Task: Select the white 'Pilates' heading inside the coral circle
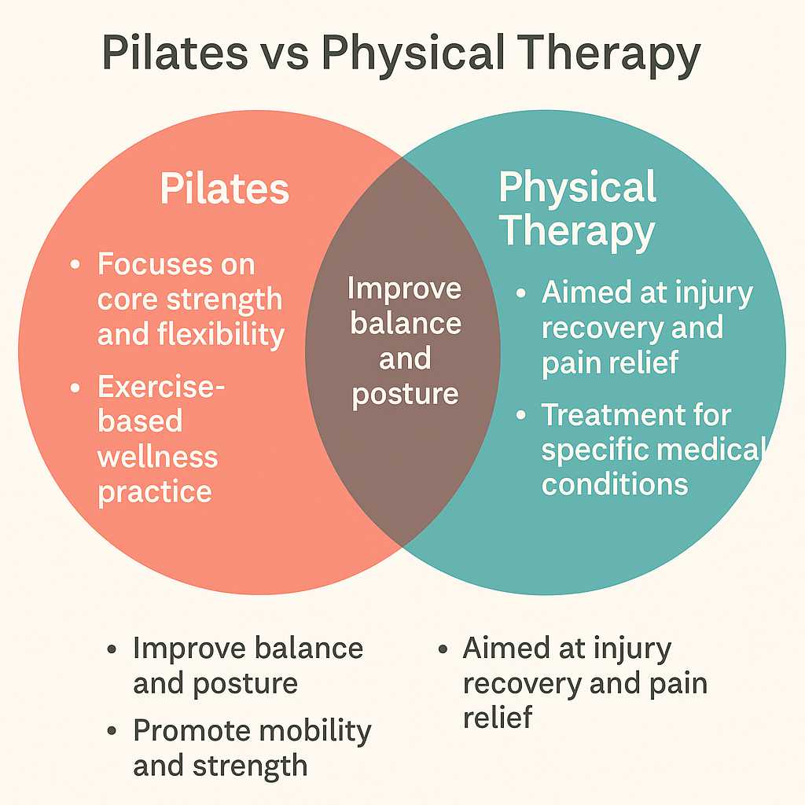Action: (225, 189)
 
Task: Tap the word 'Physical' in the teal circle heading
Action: (578, 189)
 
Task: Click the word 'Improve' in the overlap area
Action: (405, 289)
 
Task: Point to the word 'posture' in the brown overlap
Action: (405, 395)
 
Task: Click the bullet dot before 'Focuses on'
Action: (75, 265)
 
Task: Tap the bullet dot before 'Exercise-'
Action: (75, 388)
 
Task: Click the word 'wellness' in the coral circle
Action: (157, 457)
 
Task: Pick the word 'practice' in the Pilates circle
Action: (155, 493)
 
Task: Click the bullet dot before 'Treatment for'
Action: (521, 415)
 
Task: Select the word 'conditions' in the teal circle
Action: (615, 484)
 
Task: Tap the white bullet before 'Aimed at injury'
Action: (521, 293)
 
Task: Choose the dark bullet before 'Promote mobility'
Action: (112, 731)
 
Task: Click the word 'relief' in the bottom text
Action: (498, 717)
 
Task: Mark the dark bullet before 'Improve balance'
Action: (112, 649)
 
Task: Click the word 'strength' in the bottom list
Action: (250, 766)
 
